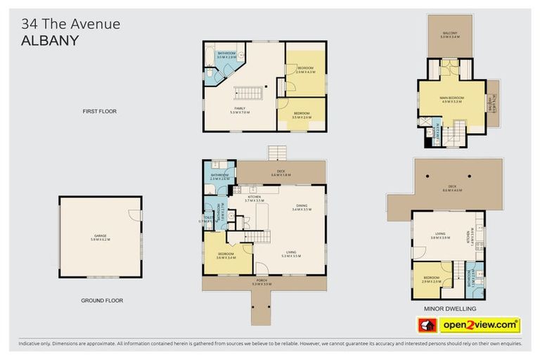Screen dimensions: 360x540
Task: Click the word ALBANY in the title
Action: [x=50, y=40]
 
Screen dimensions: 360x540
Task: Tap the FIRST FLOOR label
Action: [x=98, y=111]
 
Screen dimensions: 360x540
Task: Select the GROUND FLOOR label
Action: [x=101, y=300]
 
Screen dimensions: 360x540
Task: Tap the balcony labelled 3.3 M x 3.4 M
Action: [x=449, y=34]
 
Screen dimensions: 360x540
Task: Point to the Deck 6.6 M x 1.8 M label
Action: [x=281, y=174]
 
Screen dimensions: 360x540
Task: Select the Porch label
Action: [x=262, y=283]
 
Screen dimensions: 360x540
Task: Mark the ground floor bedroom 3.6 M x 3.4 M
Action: [x=226, y=255]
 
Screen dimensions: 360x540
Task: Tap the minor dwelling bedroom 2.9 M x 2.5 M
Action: [x=432, y=279]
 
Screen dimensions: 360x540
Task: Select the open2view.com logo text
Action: [x=480, y=325]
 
